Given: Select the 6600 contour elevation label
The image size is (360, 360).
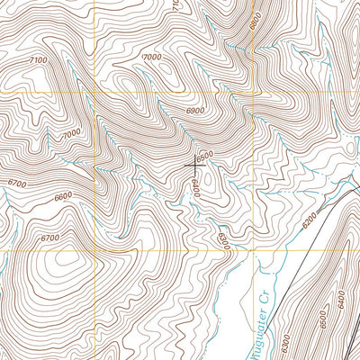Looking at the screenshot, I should click(x=62, y=197).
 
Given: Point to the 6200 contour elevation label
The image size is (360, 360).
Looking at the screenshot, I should click(x=310, y=219).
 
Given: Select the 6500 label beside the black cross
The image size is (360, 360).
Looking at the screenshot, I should click(x=206, y=156).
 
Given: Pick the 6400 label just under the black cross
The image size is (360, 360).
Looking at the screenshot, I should click(x=194, y=187).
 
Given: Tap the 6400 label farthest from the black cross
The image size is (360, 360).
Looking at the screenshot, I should click(x=342, y=295).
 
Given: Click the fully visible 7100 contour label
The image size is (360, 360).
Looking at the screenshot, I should click(x=38, y=59).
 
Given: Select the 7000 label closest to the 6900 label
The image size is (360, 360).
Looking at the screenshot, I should click(x=152, y=57).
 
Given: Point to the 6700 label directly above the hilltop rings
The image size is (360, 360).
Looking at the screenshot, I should click(x=49, y=238).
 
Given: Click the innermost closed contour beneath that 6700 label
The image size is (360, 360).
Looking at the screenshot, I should click(x=65, y=262).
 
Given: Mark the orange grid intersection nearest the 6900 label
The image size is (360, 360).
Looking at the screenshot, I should click(x=253, y=93).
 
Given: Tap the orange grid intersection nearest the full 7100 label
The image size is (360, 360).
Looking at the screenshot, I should click(x=0, y=93).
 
